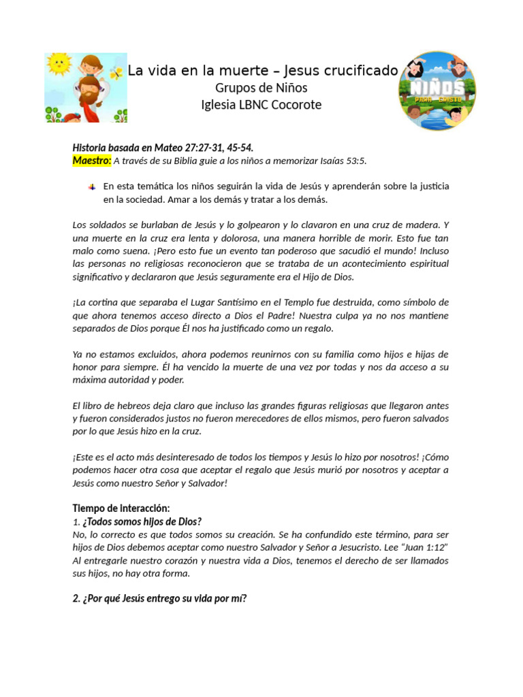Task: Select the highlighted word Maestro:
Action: [91, 161]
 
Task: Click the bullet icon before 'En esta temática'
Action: [91, 187]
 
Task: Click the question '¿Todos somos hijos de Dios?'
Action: [142, 521]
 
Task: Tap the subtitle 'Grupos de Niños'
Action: [261, 88]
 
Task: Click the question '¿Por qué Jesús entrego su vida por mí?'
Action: [159, 598]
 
